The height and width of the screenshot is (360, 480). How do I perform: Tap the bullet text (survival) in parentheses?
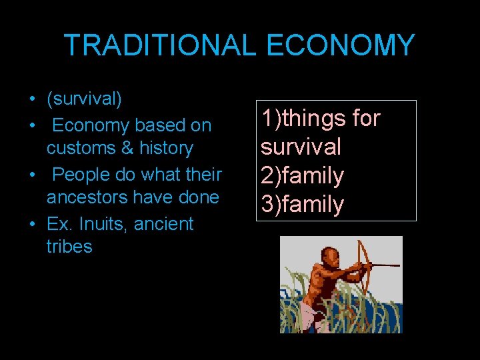click(84, 99)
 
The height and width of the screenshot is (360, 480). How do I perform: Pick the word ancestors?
click(89, 197)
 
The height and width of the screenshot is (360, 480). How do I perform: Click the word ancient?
click(163, 223)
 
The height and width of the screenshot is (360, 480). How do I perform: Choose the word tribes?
click(69, 247)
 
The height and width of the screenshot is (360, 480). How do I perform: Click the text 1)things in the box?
click(303, 119)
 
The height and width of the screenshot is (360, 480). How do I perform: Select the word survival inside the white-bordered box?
click(301, 147)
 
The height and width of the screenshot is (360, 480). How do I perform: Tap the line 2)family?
click(302, 175)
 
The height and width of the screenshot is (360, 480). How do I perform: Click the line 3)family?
click(302, 204)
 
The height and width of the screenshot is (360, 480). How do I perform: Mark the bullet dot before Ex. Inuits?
click(32, 224)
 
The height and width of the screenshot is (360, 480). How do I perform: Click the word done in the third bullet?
click(199, 197)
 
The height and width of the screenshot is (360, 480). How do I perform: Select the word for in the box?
click(365, 119)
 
